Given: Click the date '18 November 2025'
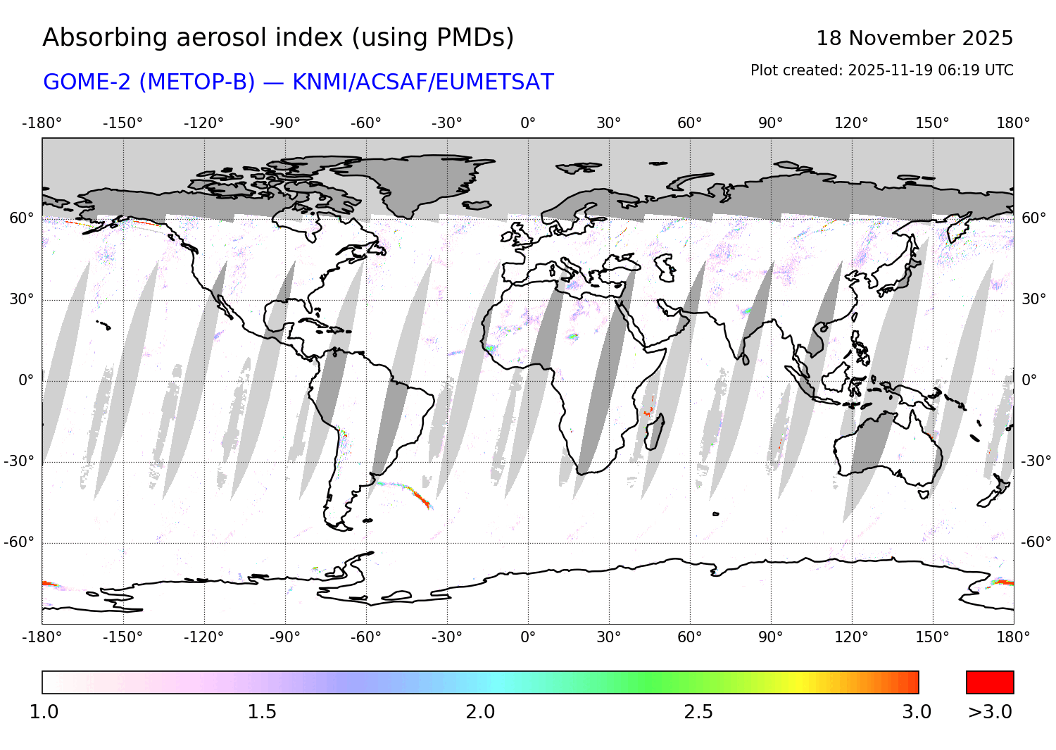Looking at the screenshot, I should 914,38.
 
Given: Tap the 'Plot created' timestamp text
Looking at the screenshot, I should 881,70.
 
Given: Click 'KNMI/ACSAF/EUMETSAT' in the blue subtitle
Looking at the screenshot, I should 422,82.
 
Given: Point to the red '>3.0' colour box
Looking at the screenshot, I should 989,682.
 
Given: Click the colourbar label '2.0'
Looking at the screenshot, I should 480,712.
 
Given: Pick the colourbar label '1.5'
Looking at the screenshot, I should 261,712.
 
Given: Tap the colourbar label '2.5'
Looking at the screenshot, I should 698,712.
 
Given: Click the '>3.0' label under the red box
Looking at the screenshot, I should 989,712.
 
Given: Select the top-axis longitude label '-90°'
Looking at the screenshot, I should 284,123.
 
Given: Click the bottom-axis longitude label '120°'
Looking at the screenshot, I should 851,637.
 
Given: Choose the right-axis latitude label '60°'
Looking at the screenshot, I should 1033,218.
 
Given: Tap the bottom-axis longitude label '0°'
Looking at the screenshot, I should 528,637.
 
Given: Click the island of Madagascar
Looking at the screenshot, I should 655,431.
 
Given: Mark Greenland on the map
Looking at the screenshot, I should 415,180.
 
